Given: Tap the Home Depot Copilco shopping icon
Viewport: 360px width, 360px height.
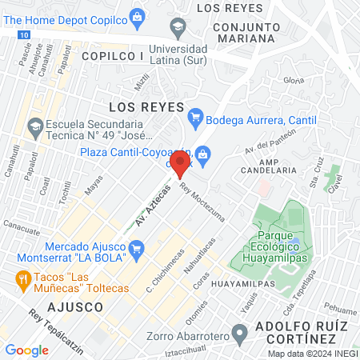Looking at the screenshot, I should (x=137, y=15).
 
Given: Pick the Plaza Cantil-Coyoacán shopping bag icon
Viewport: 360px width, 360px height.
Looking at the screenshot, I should (x=204, y=153).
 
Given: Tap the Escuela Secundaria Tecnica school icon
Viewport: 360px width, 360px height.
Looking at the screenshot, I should (x=34, y=126).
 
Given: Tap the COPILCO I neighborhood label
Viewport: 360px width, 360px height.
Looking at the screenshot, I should (x=113, y=57).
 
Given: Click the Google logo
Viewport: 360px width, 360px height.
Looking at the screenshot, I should (x=26, y=350).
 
